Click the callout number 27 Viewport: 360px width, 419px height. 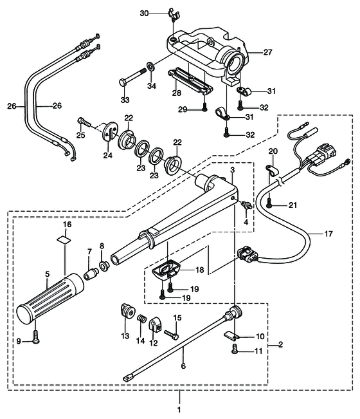(267, 52)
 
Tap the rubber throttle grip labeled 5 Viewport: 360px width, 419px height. (50, 299)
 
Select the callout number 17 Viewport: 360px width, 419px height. (328, 234)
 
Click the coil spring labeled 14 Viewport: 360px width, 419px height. (141, 319)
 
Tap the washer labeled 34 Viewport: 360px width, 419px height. (150, 66)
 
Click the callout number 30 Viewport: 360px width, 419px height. (144, 14)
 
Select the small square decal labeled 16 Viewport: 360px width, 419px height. (65, 239)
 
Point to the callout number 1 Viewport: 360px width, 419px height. (179, 409)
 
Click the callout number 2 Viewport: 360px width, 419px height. (280, 344)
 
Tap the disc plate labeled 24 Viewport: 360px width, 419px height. (110, 131)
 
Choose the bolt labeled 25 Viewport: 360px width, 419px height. (84, 123)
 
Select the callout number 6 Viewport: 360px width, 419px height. (183, 366)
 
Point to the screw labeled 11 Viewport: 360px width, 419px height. (235, 349)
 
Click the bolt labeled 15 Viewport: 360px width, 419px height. (172, 335)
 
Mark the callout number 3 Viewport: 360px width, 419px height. (233, 170)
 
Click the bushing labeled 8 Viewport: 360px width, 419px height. (104, 266)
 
